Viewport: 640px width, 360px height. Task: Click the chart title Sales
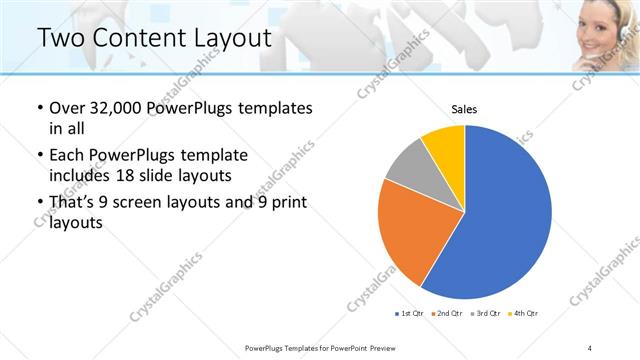coord(464,109)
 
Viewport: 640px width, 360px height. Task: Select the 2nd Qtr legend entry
coord(445,314)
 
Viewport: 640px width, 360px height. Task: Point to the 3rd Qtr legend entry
coord(483,314)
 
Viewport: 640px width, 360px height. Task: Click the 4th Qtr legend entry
coord(522,314)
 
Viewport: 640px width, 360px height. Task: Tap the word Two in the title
coord(61,38)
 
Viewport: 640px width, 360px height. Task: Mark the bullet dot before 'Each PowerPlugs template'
coord(38,156)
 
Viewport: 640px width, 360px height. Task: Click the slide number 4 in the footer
coord(590,347)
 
